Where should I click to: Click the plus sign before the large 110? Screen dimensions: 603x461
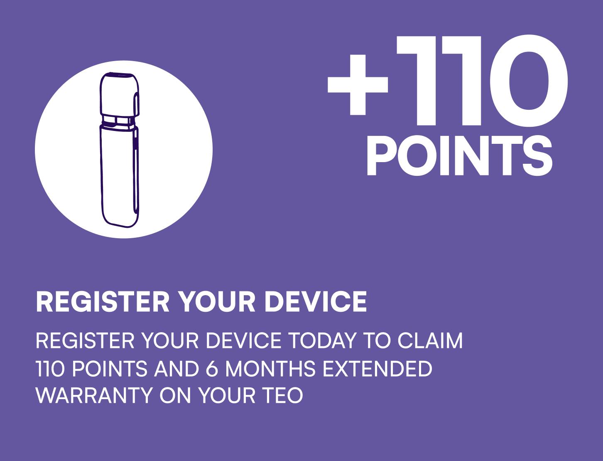click(358, 85)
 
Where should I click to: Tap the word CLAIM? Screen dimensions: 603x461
click(430, 340)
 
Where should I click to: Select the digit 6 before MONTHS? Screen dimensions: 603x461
click(212, 368)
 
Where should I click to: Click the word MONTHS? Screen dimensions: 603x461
click(270, 368)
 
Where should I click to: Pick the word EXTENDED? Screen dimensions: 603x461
click(377, 368)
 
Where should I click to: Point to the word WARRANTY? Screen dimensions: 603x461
click(94, 395)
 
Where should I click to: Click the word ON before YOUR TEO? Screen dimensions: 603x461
click(175, 395)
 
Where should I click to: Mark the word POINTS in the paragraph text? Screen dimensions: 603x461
click(110, 368)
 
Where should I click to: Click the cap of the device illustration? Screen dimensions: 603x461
click(119, 94)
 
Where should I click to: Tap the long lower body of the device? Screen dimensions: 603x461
click(119, 176)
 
